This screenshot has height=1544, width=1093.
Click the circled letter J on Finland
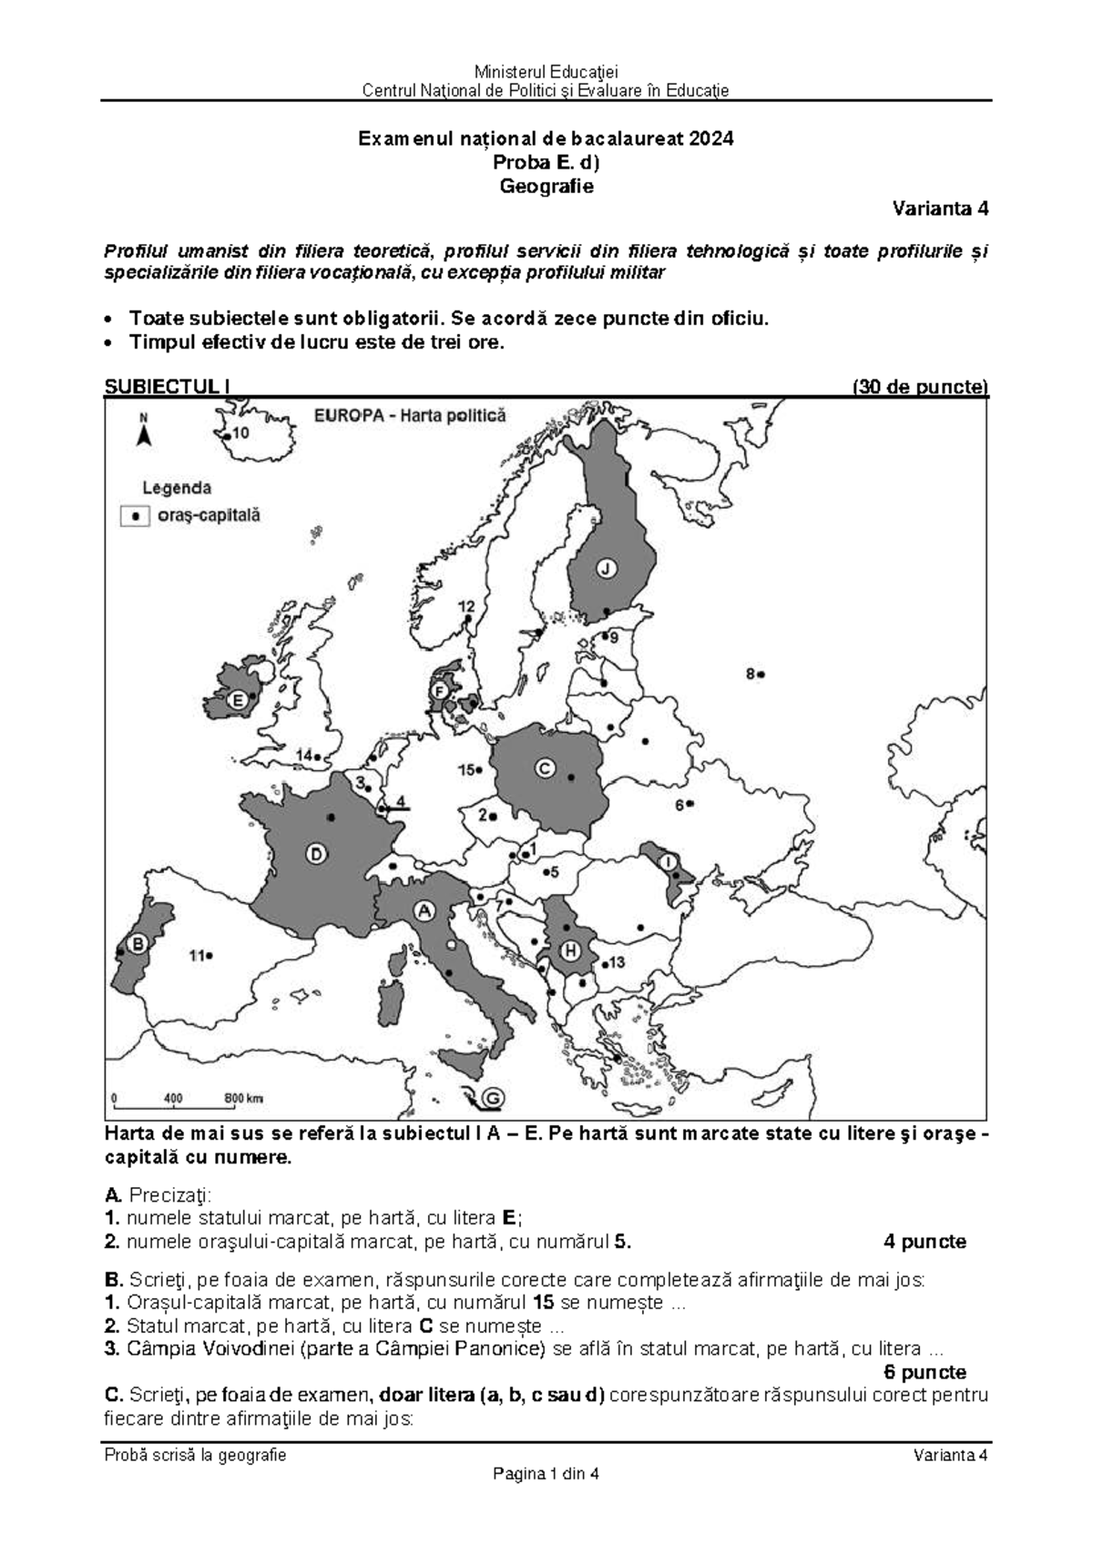tap(606, 568)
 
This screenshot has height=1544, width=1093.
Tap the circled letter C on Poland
tap(545, 768)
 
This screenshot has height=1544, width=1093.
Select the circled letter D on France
tap(315, 854)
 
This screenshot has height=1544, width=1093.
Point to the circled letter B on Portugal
tap(137, 944)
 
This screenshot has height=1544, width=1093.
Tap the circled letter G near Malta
tap(492, 1099)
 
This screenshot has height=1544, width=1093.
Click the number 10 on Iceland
tap(240, 434)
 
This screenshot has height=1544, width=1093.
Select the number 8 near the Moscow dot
tap(751, 674)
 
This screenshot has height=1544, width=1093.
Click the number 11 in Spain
tap(196, 956)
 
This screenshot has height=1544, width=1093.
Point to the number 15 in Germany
tap(465, 770)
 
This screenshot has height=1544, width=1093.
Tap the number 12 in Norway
tap(465, 606)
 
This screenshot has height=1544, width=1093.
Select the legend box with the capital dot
tap(136, 515)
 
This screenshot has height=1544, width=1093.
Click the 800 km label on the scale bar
tap(243, 1098)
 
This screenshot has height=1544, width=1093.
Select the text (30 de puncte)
tap(919, 387)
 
